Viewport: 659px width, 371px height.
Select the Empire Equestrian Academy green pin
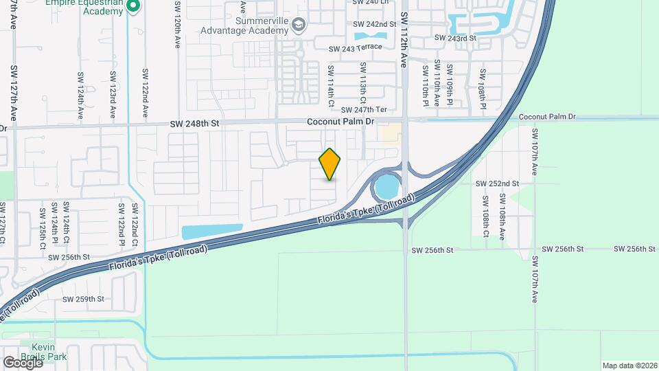[x=134, y=7]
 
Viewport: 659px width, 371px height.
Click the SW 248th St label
[x=195, y=124]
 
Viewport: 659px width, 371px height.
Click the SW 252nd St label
[x=497, y=183]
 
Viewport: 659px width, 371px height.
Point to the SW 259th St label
[x=83, y=299]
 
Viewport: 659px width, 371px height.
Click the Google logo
[x=23, y=363]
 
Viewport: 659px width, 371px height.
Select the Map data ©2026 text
[x=629, y=366]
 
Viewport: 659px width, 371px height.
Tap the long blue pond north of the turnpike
[x=211, y=232]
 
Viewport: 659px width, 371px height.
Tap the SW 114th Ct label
[x=330, y=86]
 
